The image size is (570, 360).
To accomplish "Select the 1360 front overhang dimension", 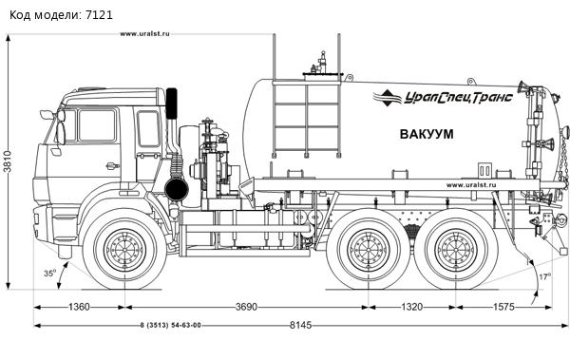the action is pos(79,307).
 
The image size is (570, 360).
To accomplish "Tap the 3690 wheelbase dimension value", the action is pos(246,307).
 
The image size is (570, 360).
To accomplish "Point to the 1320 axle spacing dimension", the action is pos(412,307).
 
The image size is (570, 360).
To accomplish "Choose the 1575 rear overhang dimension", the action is pos(503,307).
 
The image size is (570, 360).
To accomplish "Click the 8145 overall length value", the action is pos(300,325).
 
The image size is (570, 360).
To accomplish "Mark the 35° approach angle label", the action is pos(49,273).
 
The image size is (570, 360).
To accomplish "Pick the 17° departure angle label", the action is pos(544,276).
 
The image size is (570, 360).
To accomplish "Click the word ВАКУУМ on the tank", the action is pos(427,134).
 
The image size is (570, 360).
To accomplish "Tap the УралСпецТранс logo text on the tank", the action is pos(459,98).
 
